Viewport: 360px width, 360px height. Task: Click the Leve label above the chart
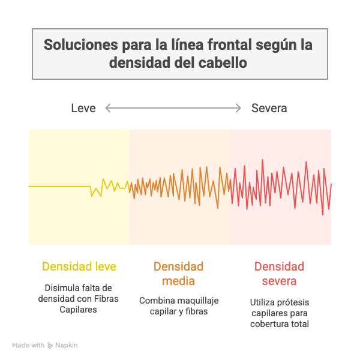(x=83, y=108)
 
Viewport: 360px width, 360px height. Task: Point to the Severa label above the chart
(x=269, y=108)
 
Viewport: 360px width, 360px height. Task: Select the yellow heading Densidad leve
(x=79, y=266)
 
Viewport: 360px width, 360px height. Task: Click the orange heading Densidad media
(x=178, y=274)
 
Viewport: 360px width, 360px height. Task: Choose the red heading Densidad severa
(x=279, y=274)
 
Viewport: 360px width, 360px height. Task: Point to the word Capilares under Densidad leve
(x=79, y=310)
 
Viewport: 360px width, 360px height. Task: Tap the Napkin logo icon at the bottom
(x=50, y=346)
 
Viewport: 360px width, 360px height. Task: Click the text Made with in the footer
(x=28, y=346)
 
